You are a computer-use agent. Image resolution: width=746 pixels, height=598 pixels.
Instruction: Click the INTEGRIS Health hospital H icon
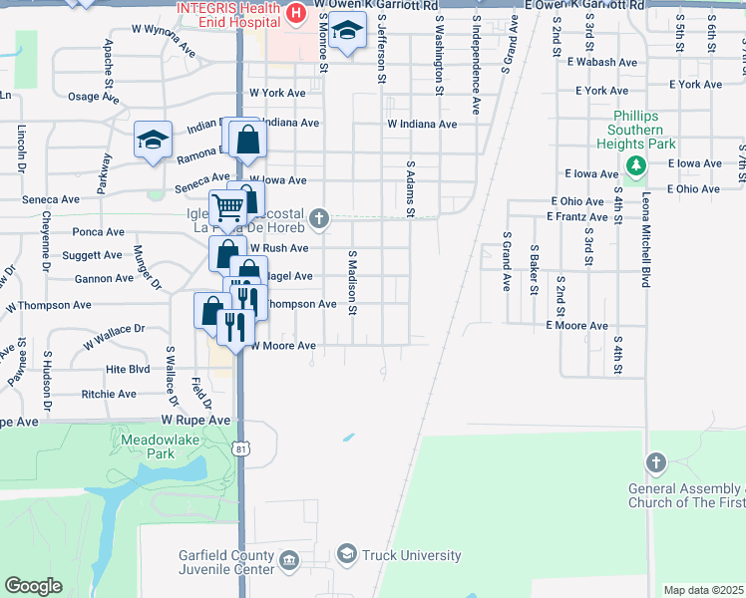[295, 13]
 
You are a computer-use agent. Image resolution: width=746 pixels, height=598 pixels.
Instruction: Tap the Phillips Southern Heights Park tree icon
[633, 163]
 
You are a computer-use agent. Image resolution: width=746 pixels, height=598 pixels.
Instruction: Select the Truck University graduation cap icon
[346, 554]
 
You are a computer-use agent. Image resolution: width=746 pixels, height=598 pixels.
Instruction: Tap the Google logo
[33, 586]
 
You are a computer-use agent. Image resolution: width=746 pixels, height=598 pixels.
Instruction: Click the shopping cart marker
[228, 208]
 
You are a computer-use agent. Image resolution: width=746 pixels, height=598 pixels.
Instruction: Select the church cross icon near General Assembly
[655, 462]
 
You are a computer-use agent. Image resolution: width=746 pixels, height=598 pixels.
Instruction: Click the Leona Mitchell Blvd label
[646, 239]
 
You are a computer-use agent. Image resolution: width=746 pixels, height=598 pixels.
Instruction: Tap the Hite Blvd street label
[128, 369]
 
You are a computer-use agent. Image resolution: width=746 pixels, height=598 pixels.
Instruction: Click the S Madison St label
[352, 282]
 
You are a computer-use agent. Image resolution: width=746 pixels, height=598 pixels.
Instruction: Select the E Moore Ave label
[575, 326]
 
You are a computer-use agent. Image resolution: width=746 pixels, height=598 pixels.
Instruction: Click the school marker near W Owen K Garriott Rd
[347, 33]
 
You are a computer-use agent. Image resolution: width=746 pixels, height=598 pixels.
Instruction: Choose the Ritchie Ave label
[109, 395]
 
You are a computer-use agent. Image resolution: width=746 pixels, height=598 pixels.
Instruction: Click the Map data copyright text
[703, 590]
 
